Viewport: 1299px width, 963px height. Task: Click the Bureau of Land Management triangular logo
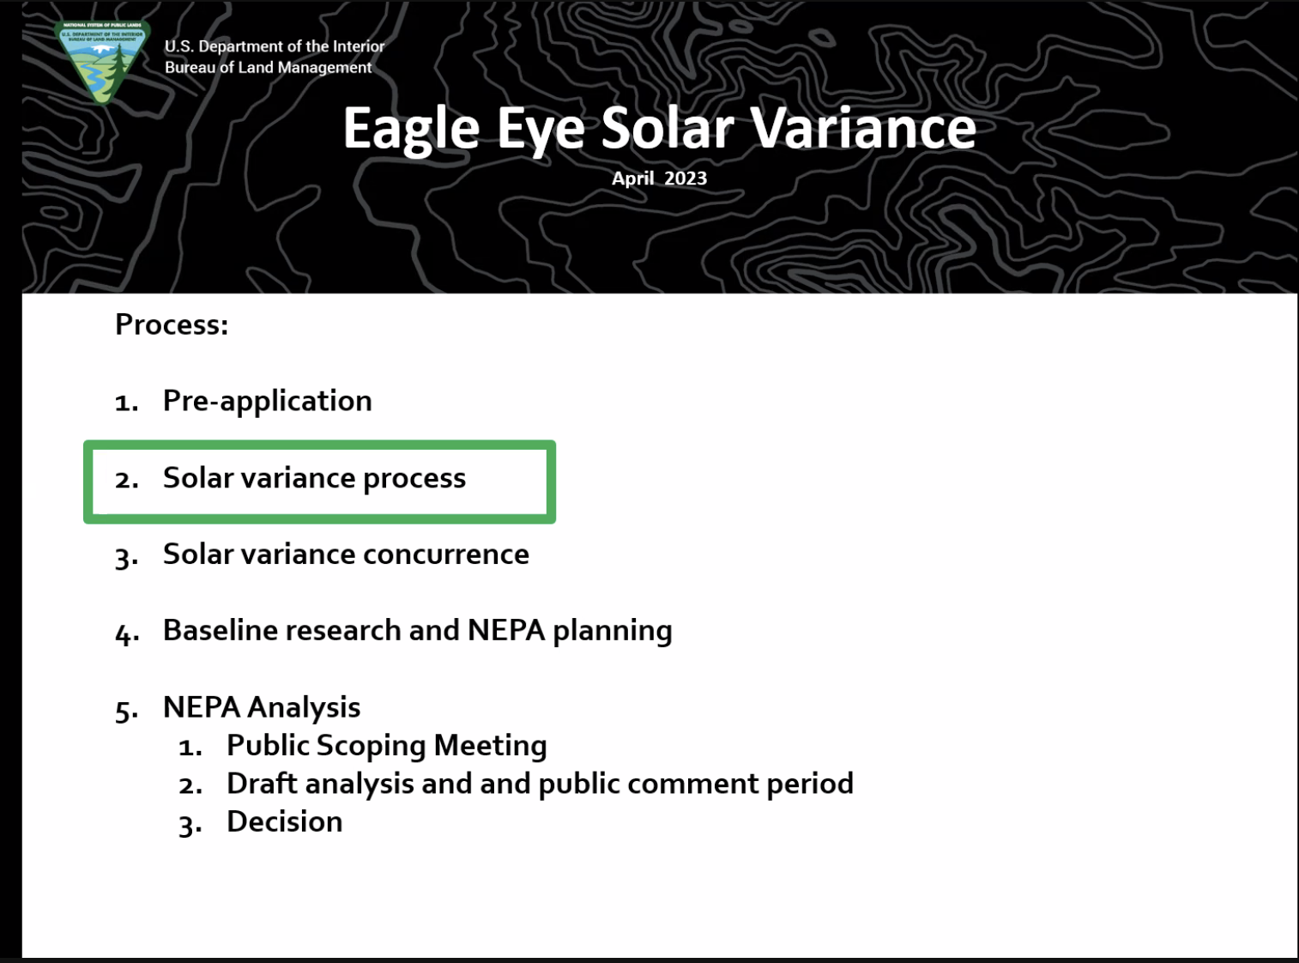click(x=102, y=63)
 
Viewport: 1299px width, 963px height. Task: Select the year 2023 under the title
click(x=686, y=179)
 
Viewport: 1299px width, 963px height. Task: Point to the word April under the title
click(x=632, y=179)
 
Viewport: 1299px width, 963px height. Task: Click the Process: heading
click(x=172, y=324)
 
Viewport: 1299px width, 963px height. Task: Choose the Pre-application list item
click(x=267, y=402)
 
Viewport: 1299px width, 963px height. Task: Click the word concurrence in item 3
click(x=446, y=554)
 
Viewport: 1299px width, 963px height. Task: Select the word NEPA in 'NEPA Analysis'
click(x=202, y=707)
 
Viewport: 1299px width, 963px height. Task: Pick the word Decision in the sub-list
click(x=285, y=821)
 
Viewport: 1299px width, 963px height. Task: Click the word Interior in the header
click(x=359, y=46)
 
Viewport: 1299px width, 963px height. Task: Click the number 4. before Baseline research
click(x=127, y=633)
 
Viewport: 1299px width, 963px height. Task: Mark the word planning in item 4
click(x=613, y=632)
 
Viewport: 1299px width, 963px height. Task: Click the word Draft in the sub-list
click(x=262, y=784)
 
